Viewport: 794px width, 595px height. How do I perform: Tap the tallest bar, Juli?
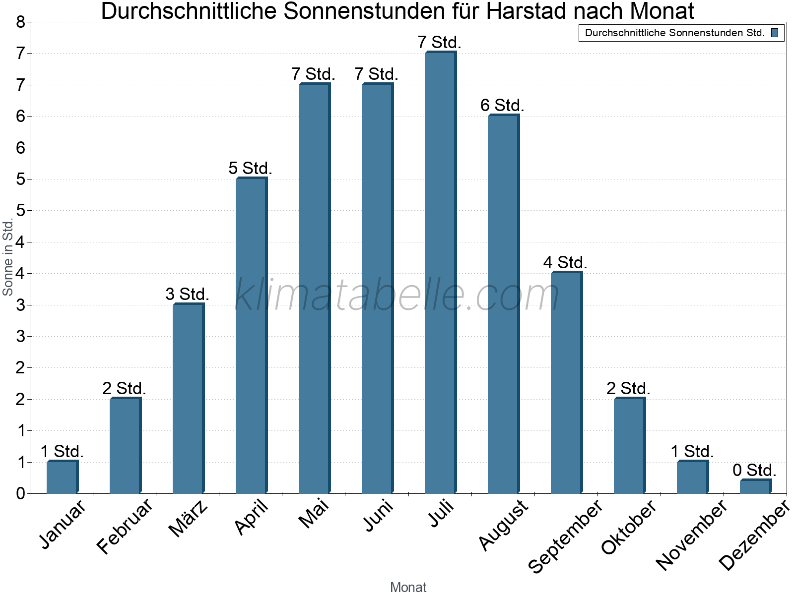pos(440,273)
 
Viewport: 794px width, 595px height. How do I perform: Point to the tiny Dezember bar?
pos(755,486)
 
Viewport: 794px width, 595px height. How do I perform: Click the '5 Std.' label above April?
pos(250,169)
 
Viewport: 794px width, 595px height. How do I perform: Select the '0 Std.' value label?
pos(754,470)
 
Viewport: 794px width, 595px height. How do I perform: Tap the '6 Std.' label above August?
pos(502,106)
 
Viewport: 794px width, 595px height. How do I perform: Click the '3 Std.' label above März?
pos(187,295)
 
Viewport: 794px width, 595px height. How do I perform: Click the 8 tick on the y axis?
pos(20,22)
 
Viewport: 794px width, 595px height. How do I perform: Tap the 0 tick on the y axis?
pos(20,493)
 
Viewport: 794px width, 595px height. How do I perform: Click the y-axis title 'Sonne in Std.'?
pos(8,258)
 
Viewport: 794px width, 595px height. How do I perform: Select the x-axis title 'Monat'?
pos(408,587)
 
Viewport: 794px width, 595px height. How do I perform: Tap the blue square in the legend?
pos(775,33)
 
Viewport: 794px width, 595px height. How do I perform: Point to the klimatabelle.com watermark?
pos(397,295)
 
